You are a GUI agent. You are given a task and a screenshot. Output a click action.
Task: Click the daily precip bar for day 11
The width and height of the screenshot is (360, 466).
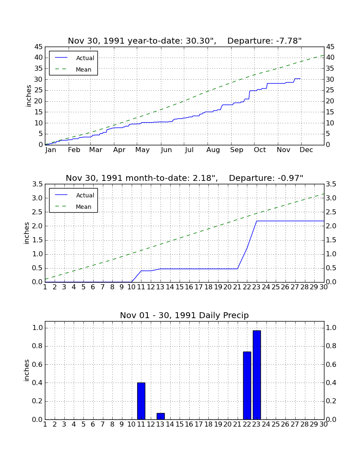(141, 401)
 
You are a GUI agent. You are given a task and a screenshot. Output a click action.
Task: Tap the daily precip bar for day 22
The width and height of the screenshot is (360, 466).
(247, 386)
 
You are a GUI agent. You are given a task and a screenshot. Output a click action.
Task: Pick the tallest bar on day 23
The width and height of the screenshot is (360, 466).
(257, 375)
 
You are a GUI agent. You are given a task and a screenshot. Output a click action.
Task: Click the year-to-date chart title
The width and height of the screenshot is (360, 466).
(185, 41)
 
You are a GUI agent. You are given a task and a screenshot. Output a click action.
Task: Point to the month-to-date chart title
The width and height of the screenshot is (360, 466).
(185, 178)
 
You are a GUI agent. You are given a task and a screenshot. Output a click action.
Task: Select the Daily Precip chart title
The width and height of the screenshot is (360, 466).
(184, 315)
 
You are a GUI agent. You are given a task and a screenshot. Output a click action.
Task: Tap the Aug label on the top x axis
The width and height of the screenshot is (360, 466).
(213, 150)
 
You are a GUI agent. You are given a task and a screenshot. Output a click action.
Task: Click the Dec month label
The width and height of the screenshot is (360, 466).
(306, 150)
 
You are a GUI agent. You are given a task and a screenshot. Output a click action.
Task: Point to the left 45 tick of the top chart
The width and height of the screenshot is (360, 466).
(39, 47)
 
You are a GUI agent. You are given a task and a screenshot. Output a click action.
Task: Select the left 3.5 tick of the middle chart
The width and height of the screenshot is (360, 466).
(37, 184)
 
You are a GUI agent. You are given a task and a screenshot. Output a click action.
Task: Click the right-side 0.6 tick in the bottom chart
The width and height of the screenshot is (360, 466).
(331, 365)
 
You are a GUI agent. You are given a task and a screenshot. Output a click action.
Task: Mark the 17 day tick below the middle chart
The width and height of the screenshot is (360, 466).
(198, 287)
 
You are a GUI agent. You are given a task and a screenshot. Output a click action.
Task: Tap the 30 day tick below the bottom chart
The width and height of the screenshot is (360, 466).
(324, 424)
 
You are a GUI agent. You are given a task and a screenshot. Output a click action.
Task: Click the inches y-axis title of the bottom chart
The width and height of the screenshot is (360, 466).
(27, 370)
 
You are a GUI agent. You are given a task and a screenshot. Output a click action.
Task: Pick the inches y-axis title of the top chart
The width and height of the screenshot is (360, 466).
(28, 96)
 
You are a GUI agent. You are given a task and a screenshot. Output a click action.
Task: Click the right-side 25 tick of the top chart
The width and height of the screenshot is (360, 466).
(330, 90)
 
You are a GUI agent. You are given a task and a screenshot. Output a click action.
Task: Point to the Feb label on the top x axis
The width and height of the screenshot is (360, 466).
(74, 150)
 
